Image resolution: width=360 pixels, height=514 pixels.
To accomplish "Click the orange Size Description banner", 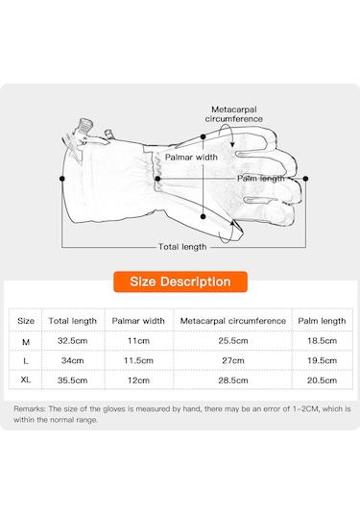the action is pos(180,281).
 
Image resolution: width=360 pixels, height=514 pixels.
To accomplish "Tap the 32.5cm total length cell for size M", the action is pos(72,341).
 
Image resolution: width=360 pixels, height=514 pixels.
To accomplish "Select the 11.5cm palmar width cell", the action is pos(138,360).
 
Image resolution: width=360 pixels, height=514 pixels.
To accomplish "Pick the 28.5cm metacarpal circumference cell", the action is pos(233,380).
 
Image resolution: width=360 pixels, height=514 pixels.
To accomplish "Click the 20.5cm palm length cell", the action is pos(322,380).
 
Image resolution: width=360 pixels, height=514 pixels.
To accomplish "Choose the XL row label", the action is pos(26,379).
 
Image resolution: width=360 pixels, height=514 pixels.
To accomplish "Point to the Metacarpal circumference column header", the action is pos(233,321).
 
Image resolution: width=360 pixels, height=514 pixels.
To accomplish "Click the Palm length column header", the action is pos(322,321).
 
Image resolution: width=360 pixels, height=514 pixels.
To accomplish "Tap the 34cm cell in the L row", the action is pos(72,360).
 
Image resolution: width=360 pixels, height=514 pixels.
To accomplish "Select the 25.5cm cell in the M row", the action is pos(233,341).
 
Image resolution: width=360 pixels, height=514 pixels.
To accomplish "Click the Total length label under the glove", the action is pos(182,247).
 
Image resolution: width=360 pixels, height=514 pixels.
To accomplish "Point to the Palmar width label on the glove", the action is pos(191,157).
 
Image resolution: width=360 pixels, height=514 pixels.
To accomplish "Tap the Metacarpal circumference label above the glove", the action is pos(234,114).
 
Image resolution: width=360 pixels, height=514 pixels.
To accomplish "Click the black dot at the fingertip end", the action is pos(305,179).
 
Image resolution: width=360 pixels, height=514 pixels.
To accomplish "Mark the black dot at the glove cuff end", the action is pos(61,179).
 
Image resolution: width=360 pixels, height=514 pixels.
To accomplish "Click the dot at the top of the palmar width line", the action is pos(204,136).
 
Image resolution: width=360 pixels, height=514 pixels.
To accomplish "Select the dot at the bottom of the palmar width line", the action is pos(204,217).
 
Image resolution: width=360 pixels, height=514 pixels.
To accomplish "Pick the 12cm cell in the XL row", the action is pos(138,380).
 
